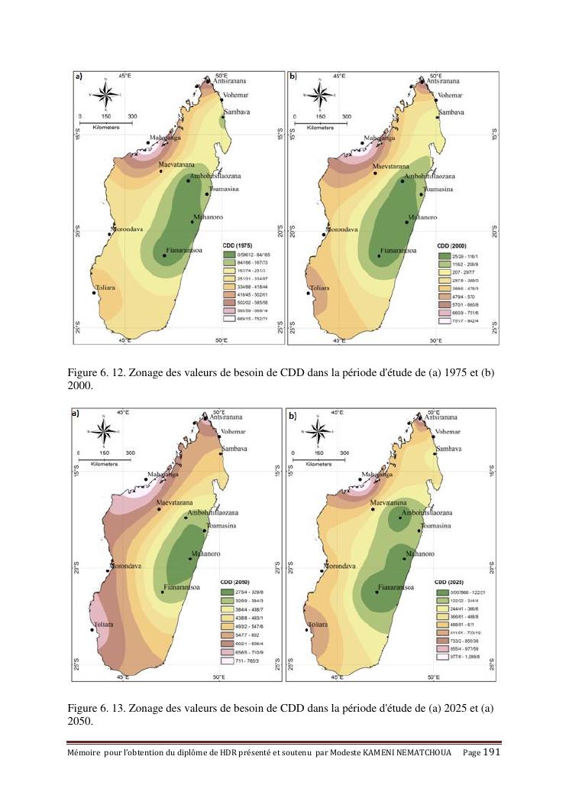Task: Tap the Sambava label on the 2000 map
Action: pyautogui.click(x=450, y=112)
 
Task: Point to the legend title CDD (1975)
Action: pyautogui.click(x=236, y=243)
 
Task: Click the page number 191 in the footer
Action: pyautogui.click(x=492, y=752)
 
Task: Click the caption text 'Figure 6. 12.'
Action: pyautogui.click(x=95, y=373)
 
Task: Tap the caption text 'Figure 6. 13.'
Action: pyautogui.click(x=95, y=708)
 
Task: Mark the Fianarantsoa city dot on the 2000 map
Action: pyautogui.click(x=379, y=256)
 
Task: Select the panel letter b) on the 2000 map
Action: pyautogui.click(x=293, y=76)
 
